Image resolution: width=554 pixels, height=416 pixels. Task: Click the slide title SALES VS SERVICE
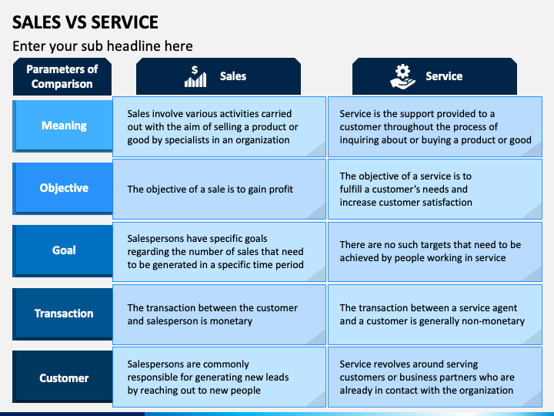click(x=85, y=22)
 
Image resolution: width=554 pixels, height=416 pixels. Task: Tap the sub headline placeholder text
click(x=102, y=46)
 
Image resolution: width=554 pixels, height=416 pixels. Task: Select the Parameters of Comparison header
click(x=62, y=76)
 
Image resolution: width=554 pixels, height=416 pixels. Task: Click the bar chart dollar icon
click(x=195, y=76)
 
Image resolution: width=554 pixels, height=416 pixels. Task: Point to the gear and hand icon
click(x=402, y=76)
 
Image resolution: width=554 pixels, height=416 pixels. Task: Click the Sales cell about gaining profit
click(x=219, y=189)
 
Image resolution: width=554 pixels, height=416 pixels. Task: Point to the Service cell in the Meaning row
click(x=435, y=126)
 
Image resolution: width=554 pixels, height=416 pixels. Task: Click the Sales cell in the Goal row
click(x=219, y=251)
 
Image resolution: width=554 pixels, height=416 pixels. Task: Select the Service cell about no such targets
click(x=435, y=251)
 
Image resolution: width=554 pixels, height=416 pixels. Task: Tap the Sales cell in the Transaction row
click(x=219, y=314)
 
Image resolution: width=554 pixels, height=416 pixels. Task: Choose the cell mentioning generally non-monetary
click(x=435, y=314)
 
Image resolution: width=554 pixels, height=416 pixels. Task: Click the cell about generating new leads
click(x=219, y=377)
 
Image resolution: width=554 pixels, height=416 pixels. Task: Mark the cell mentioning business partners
click(x=435, y=377)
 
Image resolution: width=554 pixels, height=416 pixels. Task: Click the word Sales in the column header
click(x=233, y=76)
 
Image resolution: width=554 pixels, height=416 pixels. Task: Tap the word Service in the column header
click(x=444, y=76)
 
